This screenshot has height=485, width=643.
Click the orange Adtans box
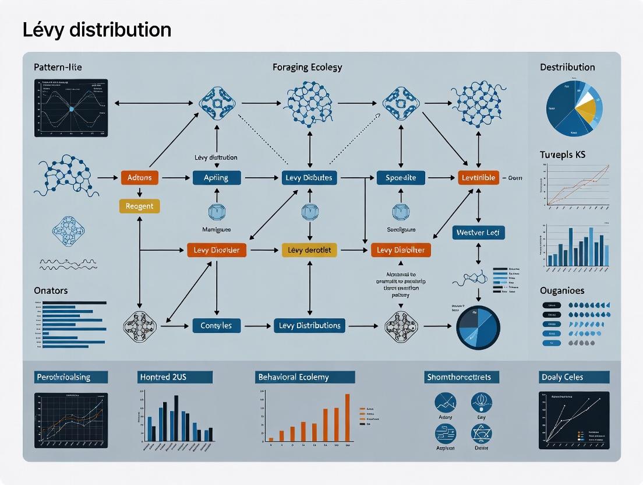139,178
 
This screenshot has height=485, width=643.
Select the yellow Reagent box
139,206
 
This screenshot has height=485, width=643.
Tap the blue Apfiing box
216,178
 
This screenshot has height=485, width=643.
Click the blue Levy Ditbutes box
309,178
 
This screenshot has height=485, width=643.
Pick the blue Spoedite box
401,178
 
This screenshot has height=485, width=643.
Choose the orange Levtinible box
478,178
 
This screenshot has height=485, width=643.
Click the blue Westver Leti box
478,233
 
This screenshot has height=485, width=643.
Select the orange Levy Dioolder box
217,251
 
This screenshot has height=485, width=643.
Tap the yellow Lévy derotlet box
309,251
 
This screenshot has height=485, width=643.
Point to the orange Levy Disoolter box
401,251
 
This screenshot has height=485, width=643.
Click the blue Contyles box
217,325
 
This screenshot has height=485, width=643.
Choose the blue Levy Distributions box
309,325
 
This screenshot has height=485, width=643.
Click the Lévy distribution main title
97,30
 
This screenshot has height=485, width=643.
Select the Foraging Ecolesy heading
307,67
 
